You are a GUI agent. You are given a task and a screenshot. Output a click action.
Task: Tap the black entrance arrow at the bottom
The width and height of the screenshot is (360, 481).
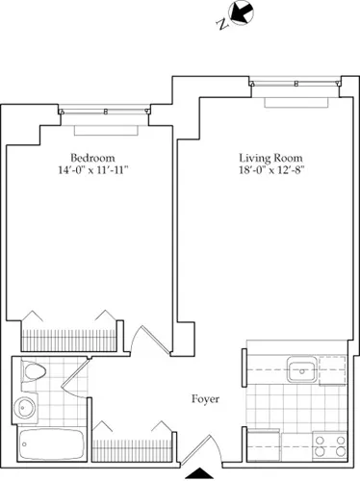click(198, 472)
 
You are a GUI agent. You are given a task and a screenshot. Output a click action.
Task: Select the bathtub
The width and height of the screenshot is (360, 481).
click(50, 447)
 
